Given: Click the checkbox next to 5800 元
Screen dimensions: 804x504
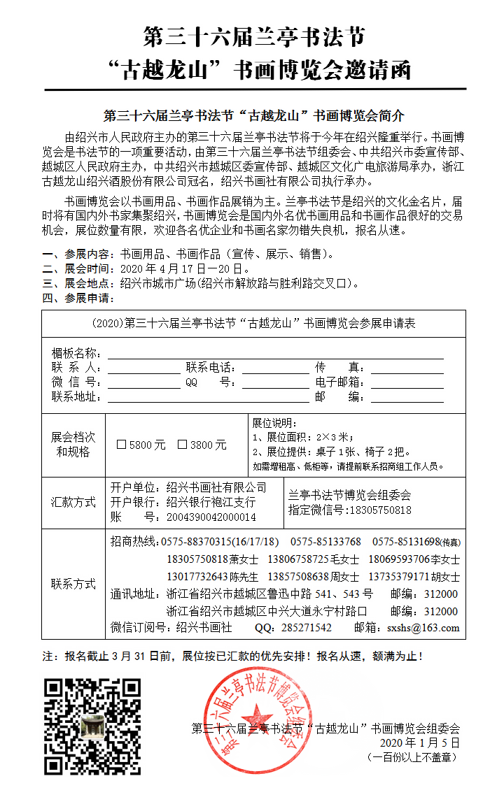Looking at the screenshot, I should (x=121, y=445).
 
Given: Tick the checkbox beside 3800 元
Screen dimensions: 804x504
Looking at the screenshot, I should (x=182, y=445).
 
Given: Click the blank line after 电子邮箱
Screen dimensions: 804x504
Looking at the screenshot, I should (x=407, y=383).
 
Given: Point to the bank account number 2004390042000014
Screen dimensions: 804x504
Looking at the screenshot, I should (x=211, y=517).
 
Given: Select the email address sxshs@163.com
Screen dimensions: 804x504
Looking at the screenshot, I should (x=423, y=628).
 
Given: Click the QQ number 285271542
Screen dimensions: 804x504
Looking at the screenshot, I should (x=306, y=628).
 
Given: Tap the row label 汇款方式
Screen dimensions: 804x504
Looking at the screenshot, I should (x=73, y=502).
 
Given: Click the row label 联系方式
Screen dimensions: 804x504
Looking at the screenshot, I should (x=73, y=584).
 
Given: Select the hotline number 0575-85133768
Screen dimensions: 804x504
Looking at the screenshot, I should (x=325, y=542).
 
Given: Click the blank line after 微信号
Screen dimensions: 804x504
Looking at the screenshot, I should (x=143, y=383).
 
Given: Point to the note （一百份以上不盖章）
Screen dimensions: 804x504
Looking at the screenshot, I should (x=412, y=756).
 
